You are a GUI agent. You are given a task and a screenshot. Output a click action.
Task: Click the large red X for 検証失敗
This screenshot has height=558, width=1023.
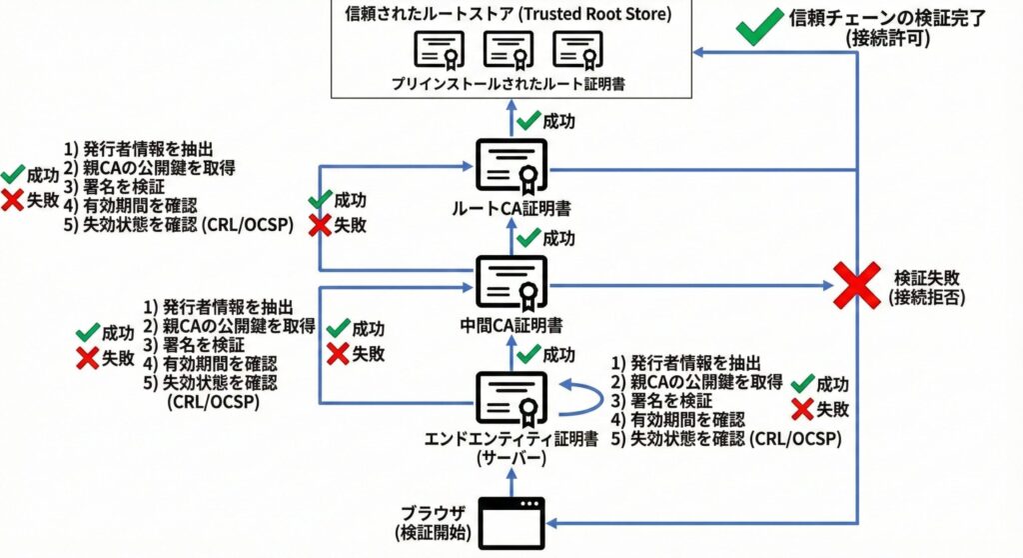pos(856,285)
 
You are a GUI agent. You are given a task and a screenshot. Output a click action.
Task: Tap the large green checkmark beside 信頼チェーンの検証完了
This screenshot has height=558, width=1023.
pos(759,26)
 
